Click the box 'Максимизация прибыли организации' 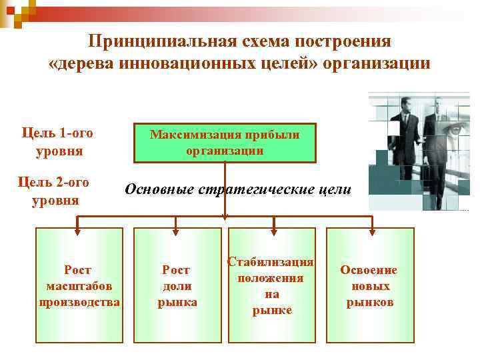click(225, 143)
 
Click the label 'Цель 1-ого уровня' click(57, 141)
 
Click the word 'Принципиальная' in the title click(159, 41)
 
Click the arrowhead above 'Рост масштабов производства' click(78, 231)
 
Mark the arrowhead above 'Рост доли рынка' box click(177, 231)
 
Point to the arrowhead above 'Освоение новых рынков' click(371, 231)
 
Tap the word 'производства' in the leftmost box click(79, 302)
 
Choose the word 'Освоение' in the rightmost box click(369, 271)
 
